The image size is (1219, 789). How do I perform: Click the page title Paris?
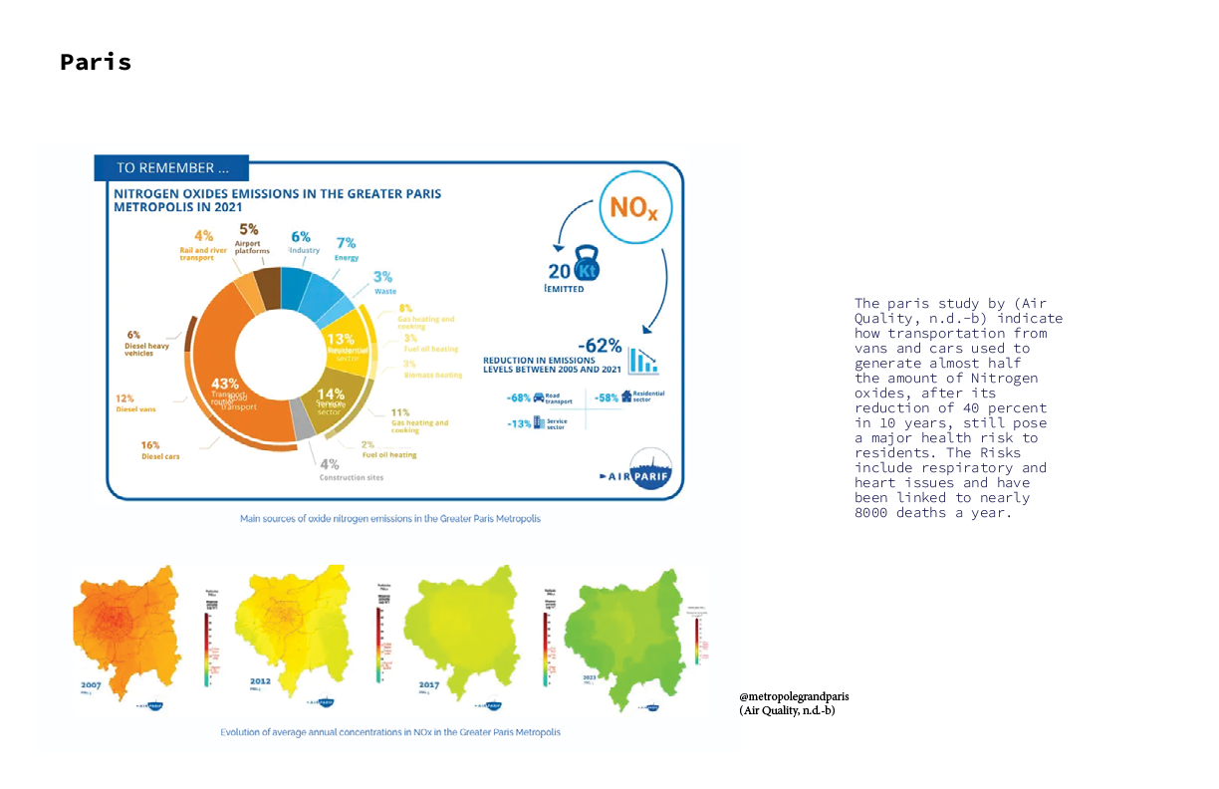coord(96,62)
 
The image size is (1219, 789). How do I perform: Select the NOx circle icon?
coord(634,208)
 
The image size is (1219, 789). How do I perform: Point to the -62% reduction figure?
coord(602,346)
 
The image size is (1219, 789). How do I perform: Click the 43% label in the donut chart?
coord(225,385)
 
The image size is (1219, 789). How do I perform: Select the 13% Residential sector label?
coord(342,340)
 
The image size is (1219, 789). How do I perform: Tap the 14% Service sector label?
coord(330,394)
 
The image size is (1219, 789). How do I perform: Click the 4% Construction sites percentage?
coord(330,463)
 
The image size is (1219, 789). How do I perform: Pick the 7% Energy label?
coord(347,243)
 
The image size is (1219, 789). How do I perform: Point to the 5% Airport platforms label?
coord(249,229)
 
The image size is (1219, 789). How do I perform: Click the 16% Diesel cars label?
coord(149,445)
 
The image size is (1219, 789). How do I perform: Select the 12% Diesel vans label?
coord(124,398)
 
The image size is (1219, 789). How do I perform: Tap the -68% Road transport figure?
coord(519,397)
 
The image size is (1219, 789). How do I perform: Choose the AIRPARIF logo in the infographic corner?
coord(637,476)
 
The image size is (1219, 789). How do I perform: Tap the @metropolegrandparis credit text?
coord(794,696)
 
